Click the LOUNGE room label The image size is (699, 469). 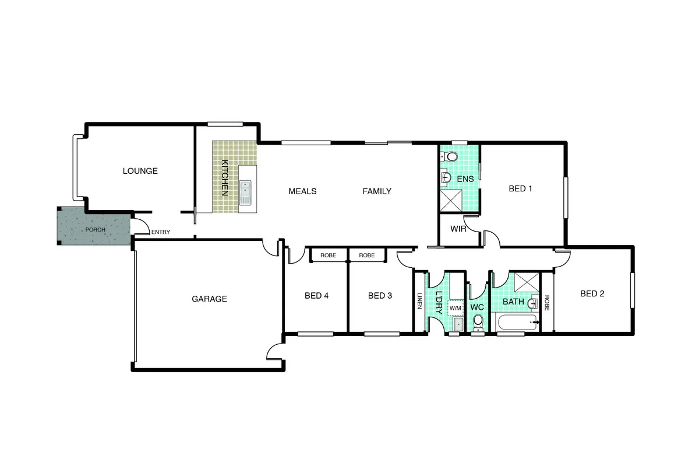click(140, 171)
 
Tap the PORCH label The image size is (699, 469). click(96, 229)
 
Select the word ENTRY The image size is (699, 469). click(161, 232)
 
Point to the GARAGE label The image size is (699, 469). click(209, 299)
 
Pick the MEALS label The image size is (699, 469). click(302, 191)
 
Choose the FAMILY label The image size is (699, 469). click(377, 191)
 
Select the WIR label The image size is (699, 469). click(459, 229)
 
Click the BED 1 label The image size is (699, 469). click(521, 188)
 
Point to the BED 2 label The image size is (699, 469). click(592, 293)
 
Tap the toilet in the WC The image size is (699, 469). click(478, 321)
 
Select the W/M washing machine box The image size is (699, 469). click(456, 307)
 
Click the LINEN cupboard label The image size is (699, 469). click(419, 301)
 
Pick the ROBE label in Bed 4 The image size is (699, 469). click(329, 256)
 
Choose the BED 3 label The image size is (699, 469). click(380, 296)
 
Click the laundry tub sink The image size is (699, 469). click(458, 324)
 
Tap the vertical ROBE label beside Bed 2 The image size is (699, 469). click(547, 302)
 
